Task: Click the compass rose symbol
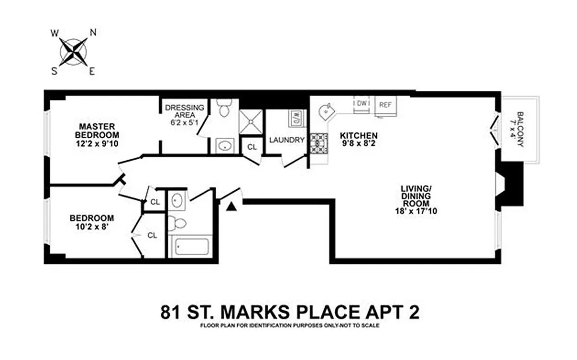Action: (73, 52)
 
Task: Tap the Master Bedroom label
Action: (97, 130)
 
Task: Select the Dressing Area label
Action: (185, 111)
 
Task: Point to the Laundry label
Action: (287, 140)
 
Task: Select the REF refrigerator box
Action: (385, 105)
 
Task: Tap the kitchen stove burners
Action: (319, 144)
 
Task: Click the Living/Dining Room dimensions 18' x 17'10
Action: (415, 211)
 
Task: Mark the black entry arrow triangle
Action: (231, 207)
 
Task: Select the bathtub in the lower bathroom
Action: (192, 247)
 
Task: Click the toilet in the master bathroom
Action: (224, 108)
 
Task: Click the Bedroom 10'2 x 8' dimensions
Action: (91, 226)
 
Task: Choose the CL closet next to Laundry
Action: (252, 147)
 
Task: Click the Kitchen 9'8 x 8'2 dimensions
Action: (358, 143)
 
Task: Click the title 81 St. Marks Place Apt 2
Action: (289, 312)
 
